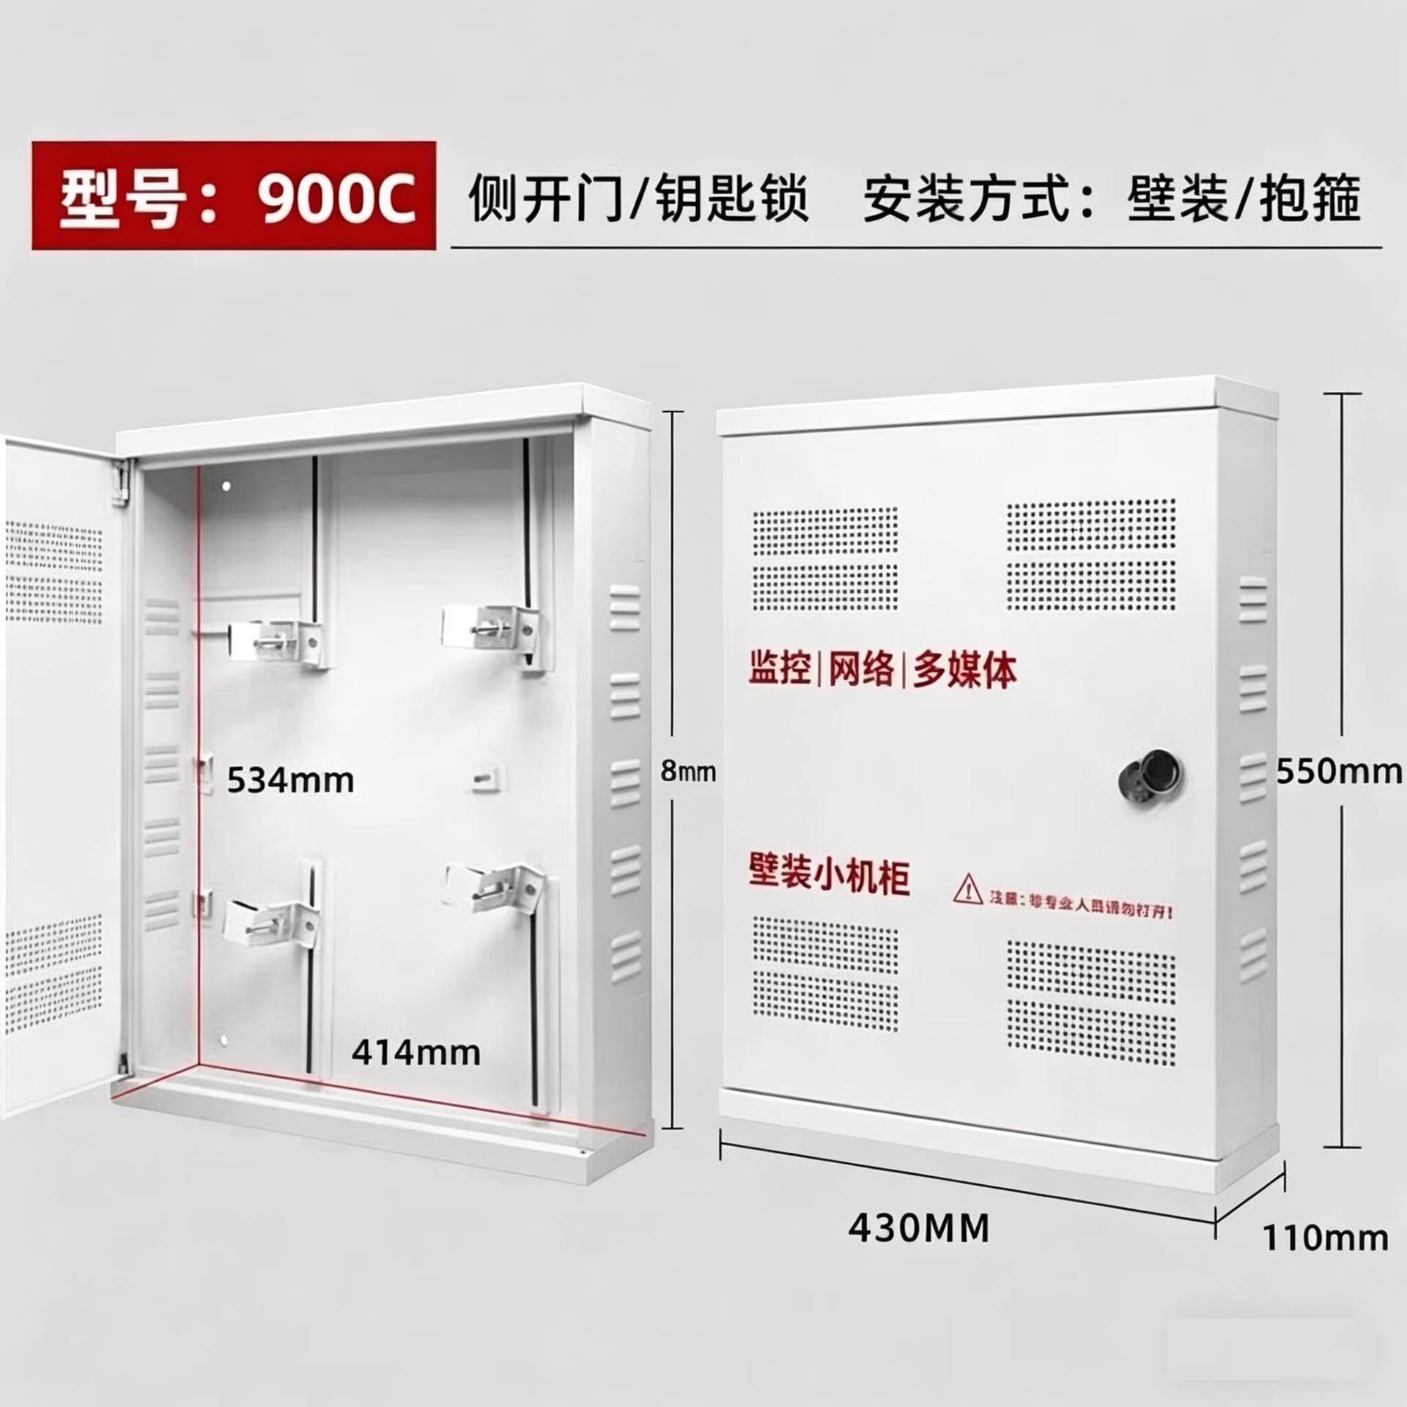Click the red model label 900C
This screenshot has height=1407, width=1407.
233,196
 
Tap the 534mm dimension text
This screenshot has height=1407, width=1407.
290,780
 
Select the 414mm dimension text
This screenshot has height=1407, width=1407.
416,1053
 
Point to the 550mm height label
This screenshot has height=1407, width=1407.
1339,772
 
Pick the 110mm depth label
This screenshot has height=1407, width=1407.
1324,1238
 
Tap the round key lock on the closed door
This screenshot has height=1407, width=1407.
1151,775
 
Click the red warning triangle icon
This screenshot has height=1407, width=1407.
967,889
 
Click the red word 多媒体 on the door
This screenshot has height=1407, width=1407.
964,670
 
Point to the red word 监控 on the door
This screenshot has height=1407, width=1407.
780,668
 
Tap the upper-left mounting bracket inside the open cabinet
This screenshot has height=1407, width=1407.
275,643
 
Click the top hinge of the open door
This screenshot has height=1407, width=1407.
122,481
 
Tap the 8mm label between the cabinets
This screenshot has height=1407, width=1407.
687,771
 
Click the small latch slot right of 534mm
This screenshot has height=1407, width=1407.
487,778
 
